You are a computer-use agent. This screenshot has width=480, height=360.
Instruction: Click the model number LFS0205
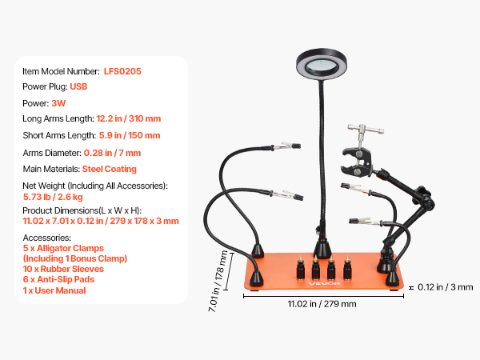coord(122,71)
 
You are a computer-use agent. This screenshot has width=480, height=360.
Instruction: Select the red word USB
coord(78,86)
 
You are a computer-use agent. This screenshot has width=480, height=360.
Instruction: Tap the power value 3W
coord(58,103)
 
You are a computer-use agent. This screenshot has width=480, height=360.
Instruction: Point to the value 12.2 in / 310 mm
coord(129,118)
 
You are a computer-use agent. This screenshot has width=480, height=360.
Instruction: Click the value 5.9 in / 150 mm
coord(130,135)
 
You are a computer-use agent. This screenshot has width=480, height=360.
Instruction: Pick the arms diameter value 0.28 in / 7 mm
coord(112,153)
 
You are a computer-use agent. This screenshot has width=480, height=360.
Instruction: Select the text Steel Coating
coord(110,169)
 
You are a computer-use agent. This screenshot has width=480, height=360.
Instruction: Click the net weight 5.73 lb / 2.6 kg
coord(53,197)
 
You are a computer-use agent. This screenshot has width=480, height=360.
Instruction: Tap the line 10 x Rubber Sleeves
coord(63,269)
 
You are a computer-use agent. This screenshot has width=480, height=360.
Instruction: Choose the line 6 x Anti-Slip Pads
coord(58,279)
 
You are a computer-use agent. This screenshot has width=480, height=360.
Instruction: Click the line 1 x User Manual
coord(54,290)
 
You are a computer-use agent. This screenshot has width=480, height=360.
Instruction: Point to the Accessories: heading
coord(47,238)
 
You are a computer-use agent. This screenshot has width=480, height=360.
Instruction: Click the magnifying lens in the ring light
coord(322,66)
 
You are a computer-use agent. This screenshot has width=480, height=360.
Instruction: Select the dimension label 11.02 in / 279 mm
coord(322,304)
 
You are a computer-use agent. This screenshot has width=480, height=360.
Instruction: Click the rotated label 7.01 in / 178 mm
coord(218,281)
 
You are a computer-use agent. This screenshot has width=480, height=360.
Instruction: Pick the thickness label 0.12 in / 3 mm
coord(446,287)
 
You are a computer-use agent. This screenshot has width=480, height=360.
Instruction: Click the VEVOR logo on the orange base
coord(324,283)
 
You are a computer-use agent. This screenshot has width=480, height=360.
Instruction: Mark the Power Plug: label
coord(45,86)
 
